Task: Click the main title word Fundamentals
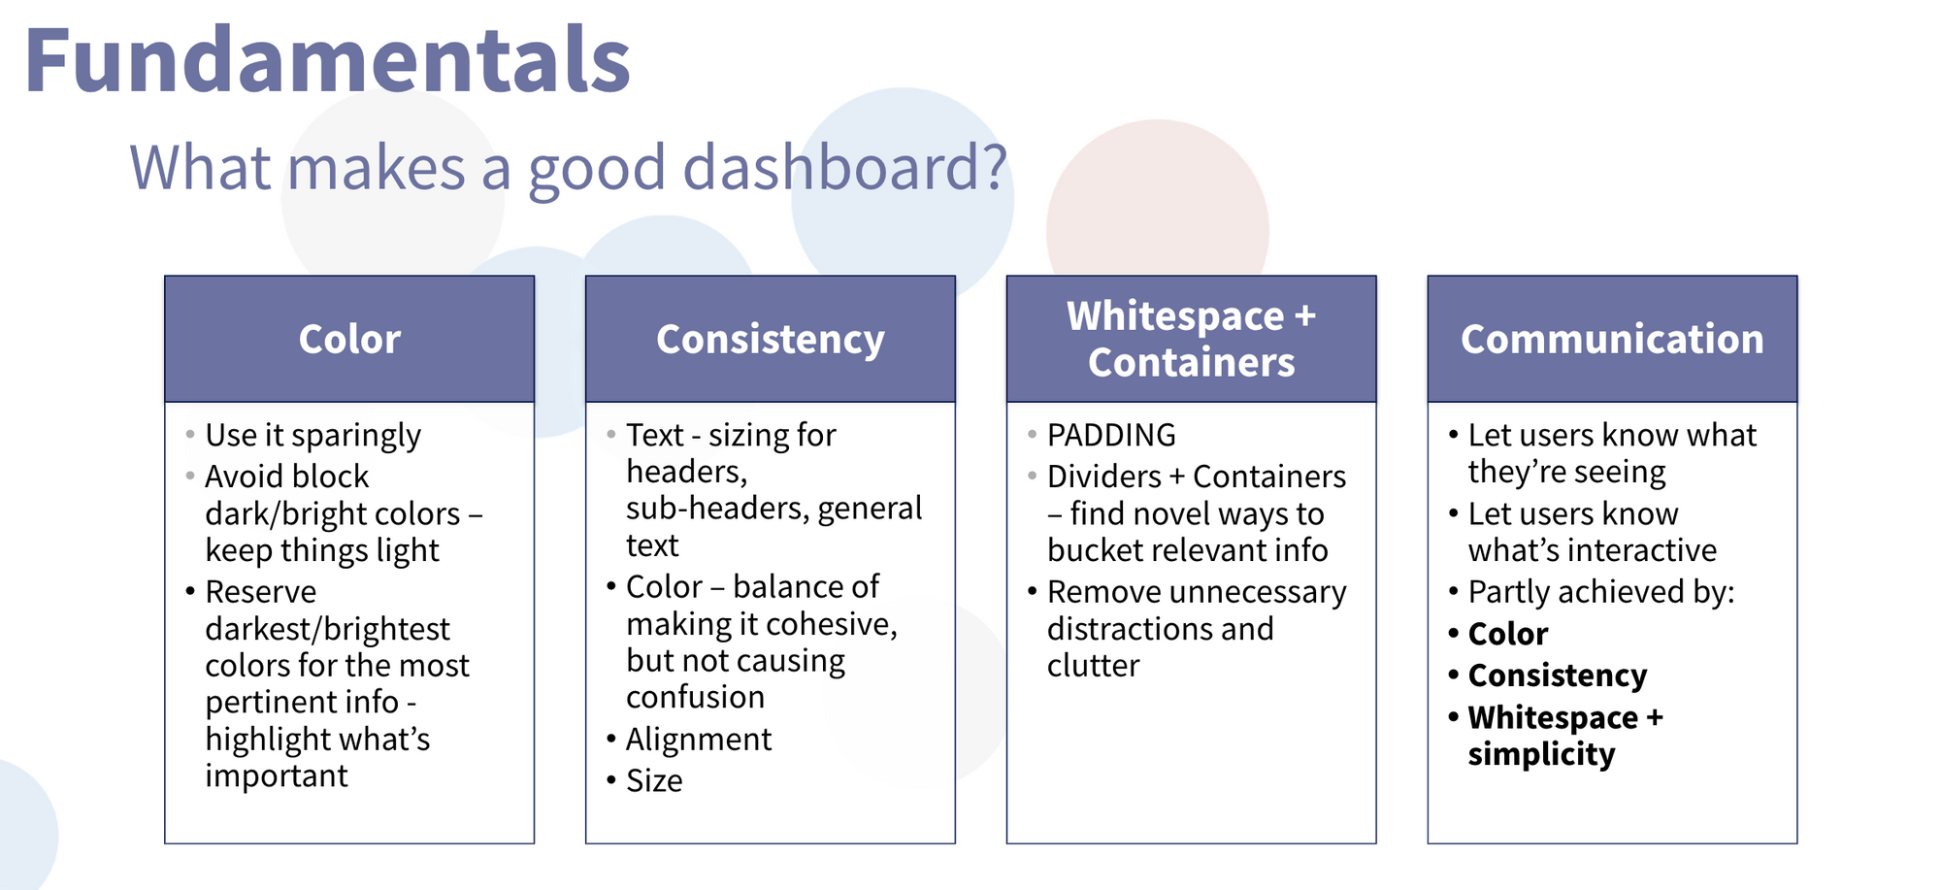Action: [x=328, y=60]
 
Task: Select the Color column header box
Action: [x=349, y=339]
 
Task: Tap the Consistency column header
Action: [x=771, y=339]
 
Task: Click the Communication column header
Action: [x=1612, y=339]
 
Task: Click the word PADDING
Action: [x=1111, y=435]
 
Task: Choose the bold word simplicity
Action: [x=1541, y=755]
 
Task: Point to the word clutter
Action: [x=1093, y=666]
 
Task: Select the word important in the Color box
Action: [x=277, y=776]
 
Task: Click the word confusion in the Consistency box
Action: [x=695, y=697]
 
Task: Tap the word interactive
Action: [x=1640, y=550]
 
